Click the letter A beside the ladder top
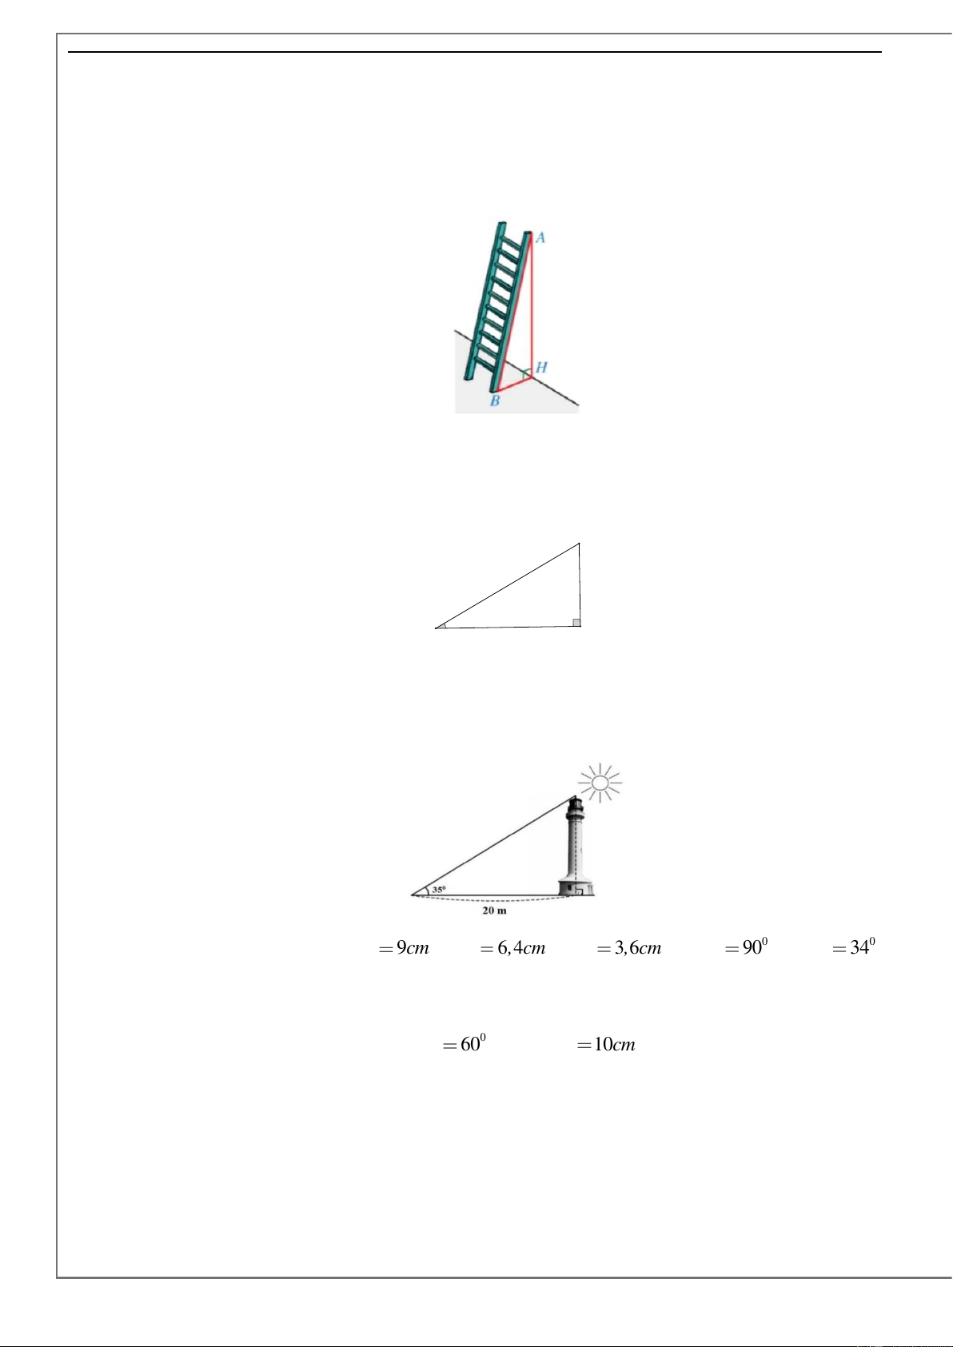tap(540, 238)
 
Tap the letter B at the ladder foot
tap(495, 401)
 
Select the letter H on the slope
tap(541, 367)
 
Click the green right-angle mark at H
tap(525, 374)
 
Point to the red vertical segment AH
tap(532, 305)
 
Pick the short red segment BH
tap(512, 384)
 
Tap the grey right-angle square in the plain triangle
tap(576, 623)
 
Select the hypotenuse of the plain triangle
tap(508, 585)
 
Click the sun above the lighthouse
tap(600, 783)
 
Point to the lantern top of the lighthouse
tap(576, 804)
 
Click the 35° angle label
tap(439, 889)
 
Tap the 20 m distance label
tap(494, 911)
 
